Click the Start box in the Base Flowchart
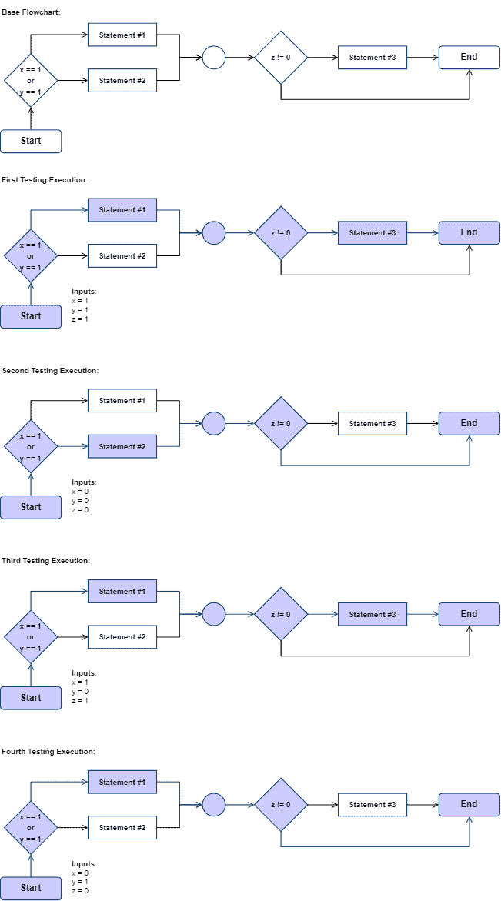pos(31,142)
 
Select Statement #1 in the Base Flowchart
pos(122,35)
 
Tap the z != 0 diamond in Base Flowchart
pos(281,58)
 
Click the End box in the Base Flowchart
pos(469,58)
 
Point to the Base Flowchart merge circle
pos(214,58)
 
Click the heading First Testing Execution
pos(45,179)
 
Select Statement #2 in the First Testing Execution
pos(122,255)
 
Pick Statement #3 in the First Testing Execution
pos(372,232)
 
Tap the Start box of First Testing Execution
pos(31,316)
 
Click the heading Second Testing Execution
pos(50,370)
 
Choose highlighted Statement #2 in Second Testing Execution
pos(122,446)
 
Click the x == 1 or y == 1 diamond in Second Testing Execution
pos(31,446)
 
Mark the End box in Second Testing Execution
pos(469,423)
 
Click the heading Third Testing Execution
pos(45,561)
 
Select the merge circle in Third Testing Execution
pos(214,614)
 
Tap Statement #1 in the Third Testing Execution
pos(122,592)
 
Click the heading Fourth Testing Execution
pos(48,751)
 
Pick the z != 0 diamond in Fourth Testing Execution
pos(281,805)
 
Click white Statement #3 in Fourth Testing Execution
pos(372,805)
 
